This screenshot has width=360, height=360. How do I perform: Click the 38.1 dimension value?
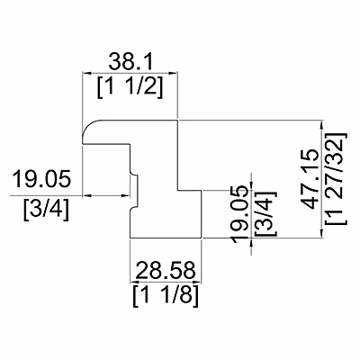coord(130,62)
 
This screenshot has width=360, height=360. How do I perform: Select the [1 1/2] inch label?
coord(130,87)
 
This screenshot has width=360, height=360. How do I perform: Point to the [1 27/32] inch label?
coord(336,178)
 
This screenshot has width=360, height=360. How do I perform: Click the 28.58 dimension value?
coord(166,270)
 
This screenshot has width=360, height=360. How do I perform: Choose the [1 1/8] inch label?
coord(166,296)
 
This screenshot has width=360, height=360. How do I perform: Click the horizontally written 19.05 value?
coord(41,179)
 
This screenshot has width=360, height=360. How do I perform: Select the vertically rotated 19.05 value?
coord(241,214)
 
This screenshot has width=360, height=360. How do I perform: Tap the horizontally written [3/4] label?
coord(46,211)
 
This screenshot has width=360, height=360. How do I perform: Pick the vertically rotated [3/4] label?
coord(265,213)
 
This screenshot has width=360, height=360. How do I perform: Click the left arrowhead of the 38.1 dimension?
coord(86,73)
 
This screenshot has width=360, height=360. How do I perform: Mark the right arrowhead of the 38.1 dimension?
coord(174,73)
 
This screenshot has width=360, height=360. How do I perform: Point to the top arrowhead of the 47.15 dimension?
coord(322,124)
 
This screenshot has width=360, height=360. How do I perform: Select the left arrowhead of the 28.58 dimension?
coord(134,283)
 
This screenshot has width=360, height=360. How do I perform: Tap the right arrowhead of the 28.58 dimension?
coord(197,283)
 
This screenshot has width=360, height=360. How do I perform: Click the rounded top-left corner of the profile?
coord(88,125)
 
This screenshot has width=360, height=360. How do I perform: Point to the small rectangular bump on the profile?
coord(134,191)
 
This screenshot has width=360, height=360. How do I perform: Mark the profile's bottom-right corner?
coord(201,238)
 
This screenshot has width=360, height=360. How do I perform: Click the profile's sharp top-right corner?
coord(178,121)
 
